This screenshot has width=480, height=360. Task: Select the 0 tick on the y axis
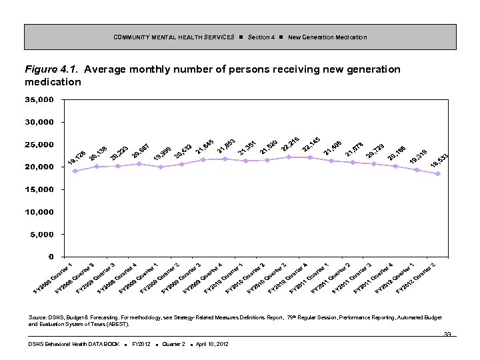coord(51,257)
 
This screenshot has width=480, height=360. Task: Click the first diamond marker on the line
coord(75,171)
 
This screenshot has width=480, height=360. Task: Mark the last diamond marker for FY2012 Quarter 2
coord(438,174)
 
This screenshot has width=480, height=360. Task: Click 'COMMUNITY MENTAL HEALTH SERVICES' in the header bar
coord(173,37)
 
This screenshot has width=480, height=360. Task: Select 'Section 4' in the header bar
coord(261,37)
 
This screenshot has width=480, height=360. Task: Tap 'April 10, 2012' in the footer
coord(211,344)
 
